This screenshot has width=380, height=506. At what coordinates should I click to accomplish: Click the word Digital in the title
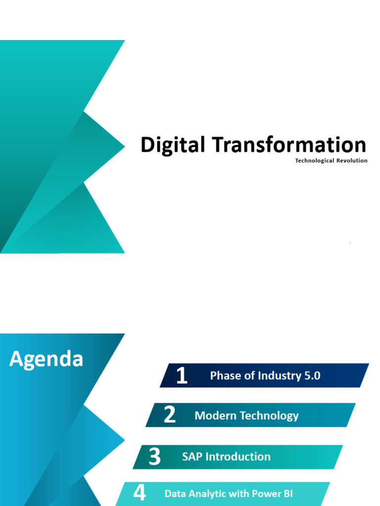pos(173,145)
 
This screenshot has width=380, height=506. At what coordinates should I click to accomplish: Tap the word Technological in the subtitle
pos(315,161)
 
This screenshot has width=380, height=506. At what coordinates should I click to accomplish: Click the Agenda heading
pos(46,359)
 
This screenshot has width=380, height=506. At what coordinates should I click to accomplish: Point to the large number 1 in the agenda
pos(182,376)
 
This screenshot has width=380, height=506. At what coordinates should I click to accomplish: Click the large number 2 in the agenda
pos(170,415)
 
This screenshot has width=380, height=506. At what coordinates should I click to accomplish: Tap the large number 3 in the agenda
pos(154,457)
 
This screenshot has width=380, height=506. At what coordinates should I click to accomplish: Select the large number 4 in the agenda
pos(140,493)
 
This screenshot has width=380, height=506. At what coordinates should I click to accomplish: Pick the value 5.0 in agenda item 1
pos(313,376)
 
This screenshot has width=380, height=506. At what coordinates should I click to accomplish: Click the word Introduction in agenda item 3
pos(238,457)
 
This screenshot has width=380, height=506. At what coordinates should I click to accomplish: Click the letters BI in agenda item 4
pos(288,494)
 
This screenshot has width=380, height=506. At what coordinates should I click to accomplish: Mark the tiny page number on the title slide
pos(350,243)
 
